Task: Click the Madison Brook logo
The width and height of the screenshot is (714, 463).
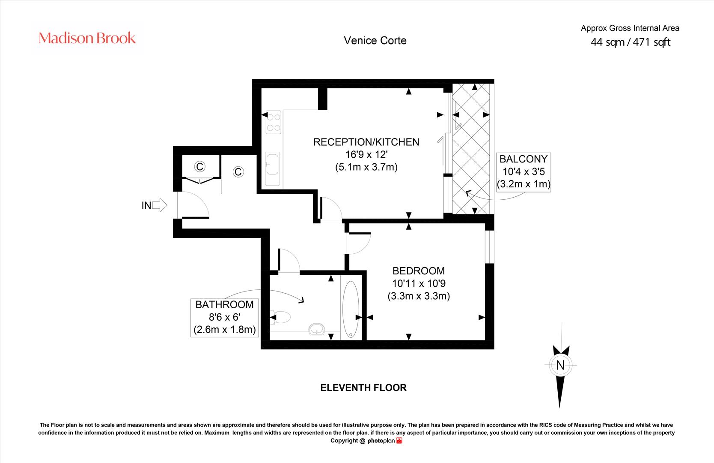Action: click(87, 38)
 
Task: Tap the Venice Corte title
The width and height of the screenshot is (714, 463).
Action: click(375, 41)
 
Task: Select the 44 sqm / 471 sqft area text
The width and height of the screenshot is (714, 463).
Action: click(630, 42)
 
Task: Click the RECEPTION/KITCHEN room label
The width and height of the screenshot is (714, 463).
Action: click(366, 142)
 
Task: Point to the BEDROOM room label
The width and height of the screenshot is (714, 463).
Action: click(419, 271)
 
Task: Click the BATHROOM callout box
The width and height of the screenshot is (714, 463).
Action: click(224, 317)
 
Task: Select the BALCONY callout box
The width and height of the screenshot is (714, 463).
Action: click(524, 172)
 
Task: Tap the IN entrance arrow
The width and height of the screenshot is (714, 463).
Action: click(159, 205)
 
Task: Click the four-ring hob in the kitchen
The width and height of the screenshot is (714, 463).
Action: click(274, 122)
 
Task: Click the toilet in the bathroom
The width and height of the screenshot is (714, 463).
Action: click(280, 317)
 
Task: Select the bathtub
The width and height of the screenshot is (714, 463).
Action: click(351, 309)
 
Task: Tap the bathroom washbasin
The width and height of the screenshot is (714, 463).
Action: click(316, 329)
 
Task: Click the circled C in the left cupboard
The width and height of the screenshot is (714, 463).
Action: click(200, 166)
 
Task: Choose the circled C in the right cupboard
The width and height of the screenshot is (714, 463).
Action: click(238, 172)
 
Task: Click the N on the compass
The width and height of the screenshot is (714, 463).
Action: click(560, 365)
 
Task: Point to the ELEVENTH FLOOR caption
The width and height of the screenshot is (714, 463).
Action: click(363, 388)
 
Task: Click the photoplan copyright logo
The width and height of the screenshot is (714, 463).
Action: click(385, 441)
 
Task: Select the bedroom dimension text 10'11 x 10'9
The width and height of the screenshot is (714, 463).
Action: click(419, 283)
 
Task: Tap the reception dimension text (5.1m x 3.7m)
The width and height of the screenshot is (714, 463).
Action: click(366, 167)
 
